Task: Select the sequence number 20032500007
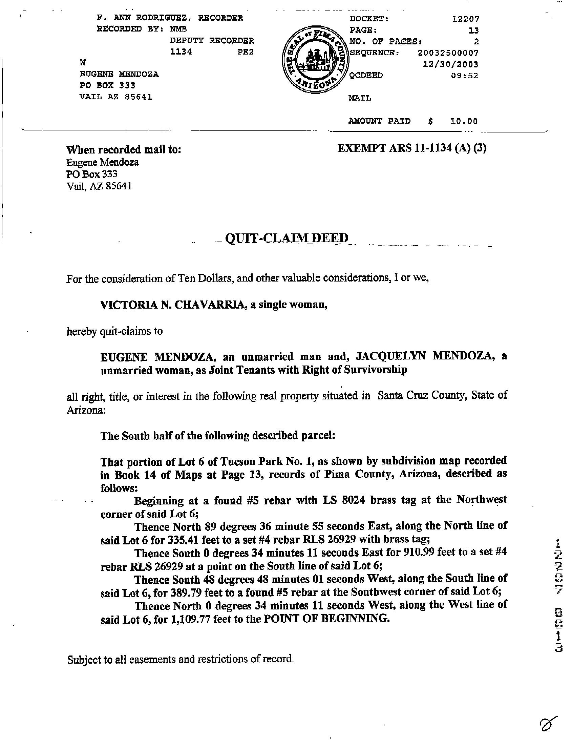(448, 53)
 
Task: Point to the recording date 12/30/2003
(450, 64)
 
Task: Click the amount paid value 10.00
(464, 121)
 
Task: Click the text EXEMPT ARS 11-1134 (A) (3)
(411, 148)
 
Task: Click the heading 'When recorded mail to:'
(124, 150)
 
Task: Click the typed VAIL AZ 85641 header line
(116, 97)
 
